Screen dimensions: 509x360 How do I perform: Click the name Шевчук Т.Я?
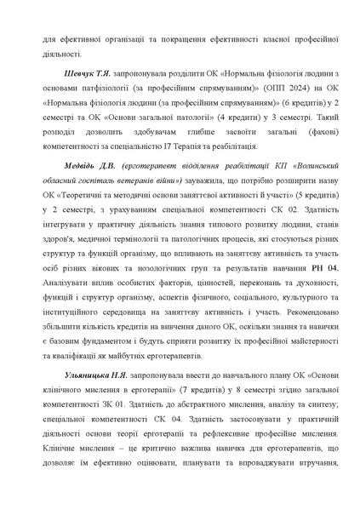click(x=83, y=65)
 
